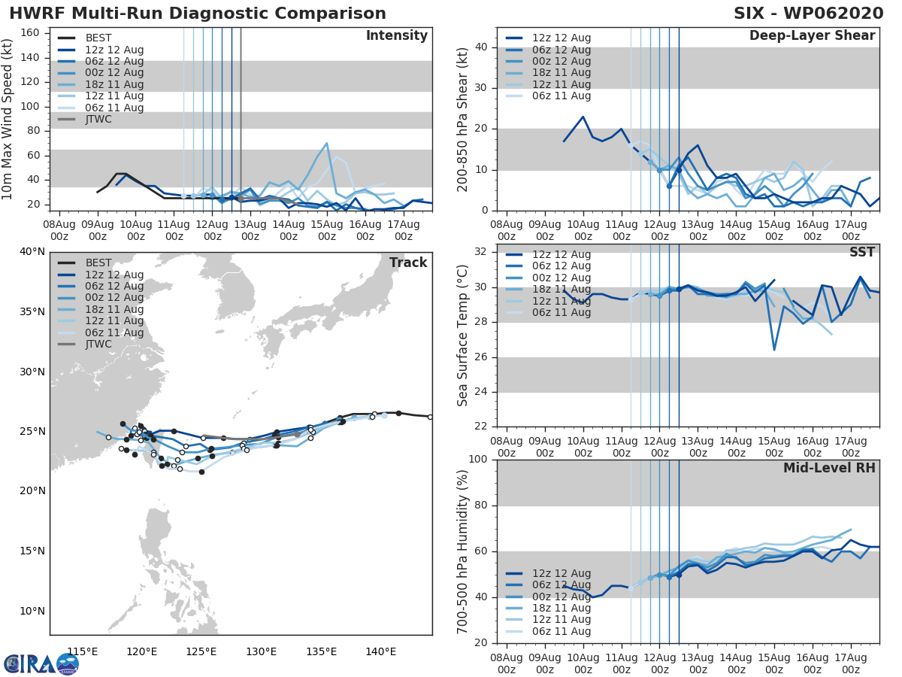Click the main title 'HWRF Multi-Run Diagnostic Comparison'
tap(198, 14)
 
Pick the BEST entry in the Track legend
tap(98, 263)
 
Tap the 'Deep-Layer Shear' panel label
tap(812, 36)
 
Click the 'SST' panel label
tap(862, 252)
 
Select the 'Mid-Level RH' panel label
tap(829, 468)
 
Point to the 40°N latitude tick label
tap(32, 251)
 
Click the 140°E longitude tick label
tap(381, 651)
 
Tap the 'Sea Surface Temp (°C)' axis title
tap(463, 335)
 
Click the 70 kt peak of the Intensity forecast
tap(326, 143)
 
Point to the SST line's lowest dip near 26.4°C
tap(774, 350)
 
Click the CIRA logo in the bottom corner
tap(41, 663)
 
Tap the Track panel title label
tap(408, 263)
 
